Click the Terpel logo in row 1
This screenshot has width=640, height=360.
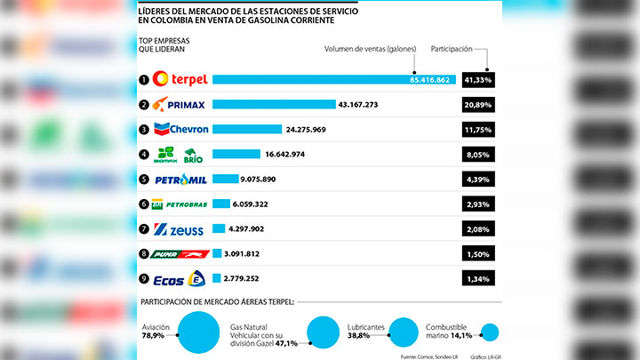pyautogui.click(x=180, y=79)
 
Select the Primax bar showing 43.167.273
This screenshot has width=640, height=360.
pyautogui.click(x=274, y=104)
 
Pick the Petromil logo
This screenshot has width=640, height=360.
pyautogui.click(x=181, y=179)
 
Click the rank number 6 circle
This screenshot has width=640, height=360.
pyautogui.click(x=143, y=204)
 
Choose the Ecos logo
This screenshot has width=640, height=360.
pyautogui.click(x=180, y=278)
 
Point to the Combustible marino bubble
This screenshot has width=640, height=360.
pyautogui.click(x=490, y=332)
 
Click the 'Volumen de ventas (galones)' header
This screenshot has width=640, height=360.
pyautogui.click(x=370, y=49)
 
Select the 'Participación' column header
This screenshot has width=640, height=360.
pyautogui.click(x=452, y=49)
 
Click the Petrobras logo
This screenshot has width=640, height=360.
pyautogui.click(x=181, y=204)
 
